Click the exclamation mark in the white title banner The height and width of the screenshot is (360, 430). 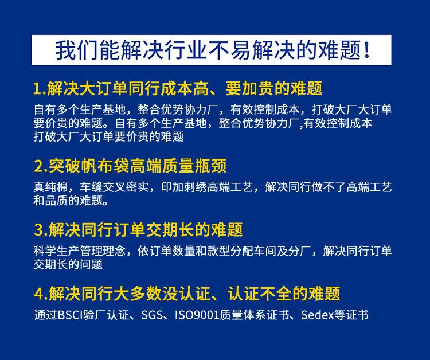coord(366,51)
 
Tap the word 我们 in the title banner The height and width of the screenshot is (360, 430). coord(74,51)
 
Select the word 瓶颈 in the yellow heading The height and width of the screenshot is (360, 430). coord(211,166)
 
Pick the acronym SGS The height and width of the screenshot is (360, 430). coord(152,315)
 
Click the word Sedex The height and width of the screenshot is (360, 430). coord(315,315)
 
